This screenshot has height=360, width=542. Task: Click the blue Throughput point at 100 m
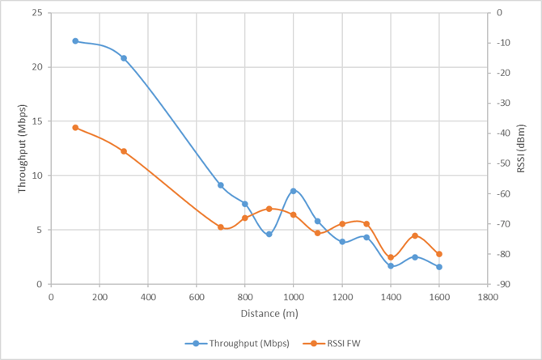[75, 40]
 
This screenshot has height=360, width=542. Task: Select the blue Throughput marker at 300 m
[124, 58]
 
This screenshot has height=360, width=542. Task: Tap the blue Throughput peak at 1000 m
[294, 191]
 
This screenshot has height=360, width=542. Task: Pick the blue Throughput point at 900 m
[269, 234]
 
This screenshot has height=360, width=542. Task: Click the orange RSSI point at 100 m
[75, 128]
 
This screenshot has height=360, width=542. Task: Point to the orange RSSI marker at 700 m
[221, 227]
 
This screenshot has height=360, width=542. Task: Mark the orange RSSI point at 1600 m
[439, 254]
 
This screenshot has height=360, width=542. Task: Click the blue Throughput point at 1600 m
[439, 267]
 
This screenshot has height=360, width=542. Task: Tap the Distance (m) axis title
[269, 313]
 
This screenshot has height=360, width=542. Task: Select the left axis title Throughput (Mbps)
[23, 149]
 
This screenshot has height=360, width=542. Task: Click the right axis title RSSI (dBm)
[521, 149]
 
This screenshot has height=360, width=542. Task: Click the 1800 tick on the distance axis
[488, 296]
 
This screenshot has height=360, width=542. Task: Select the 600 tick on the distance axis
[197, 296]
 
